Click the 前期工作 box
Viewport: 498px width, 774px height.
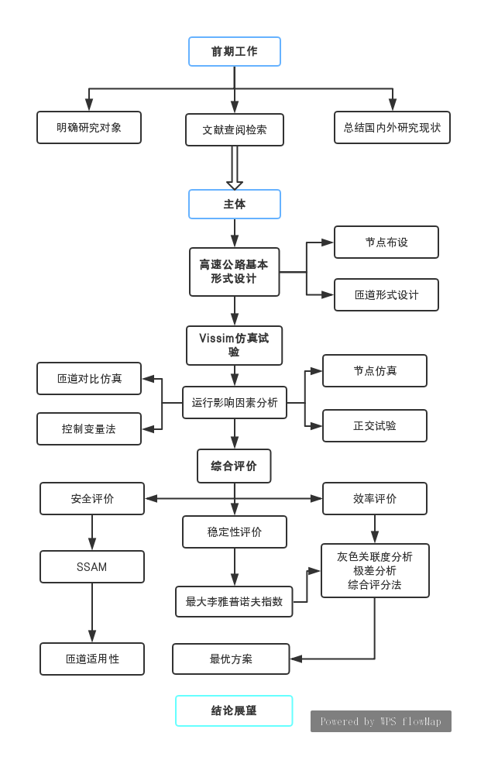(x=235, y=51)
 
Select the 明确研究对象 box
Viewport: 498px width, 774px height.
(x=89, y=127)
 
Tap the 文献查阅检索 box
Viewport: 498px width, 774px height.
(x=235, y=130)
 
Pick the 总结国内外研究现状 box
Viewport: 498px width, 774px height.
(x=392, y=127)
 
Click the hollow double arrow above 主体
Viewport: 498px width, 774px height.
(x=235, y=168)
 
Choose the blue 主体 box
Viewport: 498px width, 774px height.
(x=235, y=204)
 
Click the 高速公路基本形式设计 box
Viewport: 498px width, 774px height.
(x=235, y=272)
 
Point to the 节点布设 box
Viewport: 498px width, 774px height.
(x=386, y=242)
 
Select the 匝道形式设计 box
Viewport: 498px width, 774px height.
(x=386, y=294)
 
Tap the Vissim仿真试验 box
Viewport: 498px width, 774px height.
(x=235, y=345)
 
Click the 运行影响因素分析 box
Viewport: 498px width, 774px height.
(x=235, y=403)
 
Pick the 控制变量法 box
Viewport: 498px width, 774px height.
(x=89, y=429)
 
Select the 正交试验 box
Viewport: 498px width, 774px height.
(x=375, y=425)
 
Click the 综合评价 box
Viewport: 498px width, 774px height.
(x=234, y=466)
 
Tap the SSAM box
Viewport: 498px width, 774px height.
(x=92, y=566)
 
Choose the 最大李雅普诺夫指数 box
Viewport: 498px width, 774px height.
(x=234, y=602)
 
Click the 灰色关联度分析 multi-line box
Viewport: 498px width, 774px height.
(x=375, y=571)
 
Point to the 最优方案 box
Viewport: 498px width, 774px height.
(x=231, y=659)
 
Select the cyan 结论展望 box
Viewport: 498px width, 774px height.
(x=234, y=710)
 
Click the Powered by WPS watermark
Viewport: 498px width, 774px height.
(x=381, y=721)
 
